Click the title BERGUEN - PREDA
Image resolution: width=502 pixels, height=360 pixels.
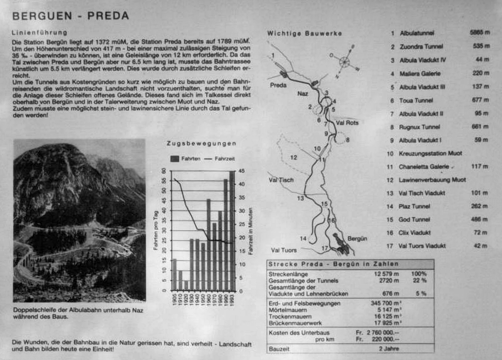point(70,16)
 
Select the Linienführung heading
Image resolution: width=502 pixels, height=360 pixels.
point(40,33)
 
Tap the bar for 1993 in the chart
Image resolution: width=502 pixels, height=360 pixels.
point(231,231)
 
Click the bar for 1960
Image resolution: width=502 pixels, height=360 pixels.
point(209,245)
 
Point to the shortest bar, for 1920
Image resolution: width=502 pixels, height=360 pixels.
point(186,286)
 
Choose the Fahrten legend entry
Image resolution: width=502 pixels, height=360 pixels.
point(186,159)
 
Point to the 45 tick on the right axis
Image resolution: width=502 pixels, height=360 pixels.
point(242,171)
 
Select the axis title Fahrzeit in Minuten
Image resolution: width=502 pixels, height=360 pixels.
point(251,231)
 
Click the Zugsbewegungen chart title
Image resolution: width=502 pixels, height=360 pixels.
point(201,143)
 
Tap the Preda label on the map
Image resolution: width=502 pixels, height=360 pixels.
point(278,85)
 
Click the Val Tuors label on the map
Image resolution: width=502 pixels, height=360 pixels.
point(284,250)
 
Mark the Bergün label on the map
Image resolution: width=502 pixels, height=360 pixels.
point(357,238)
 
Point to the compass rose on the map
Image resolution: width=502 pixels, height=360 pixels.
point(345,61)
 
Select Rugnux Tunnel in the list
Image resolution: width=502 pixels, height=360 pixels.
point(419,127)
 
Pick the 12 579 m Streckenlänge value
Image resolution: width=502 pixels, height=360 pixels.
point(386,274)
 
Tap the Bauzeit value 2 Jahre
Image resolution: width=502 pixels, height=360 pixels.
point(389,349)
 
